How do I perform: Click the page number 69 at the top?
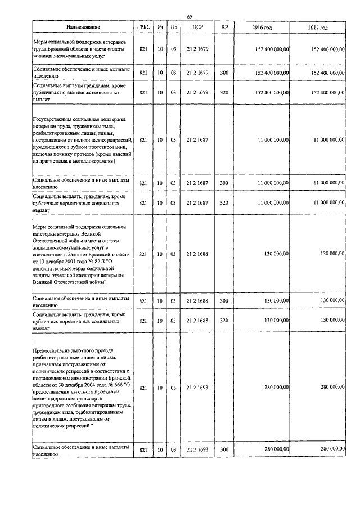[190, 17]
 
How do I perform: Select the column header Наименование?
[83, 27]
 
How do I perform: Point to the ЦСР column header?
[197, 27]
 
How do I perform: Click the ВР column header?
[224, 27]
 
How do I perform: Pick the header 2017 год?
[318, 27]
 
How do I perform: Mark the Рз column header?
[160, 27]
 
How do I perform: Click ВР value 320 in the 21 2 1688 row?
[224, 321]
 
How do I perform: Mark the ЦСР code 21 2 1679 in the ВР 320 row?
[197, 92]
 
